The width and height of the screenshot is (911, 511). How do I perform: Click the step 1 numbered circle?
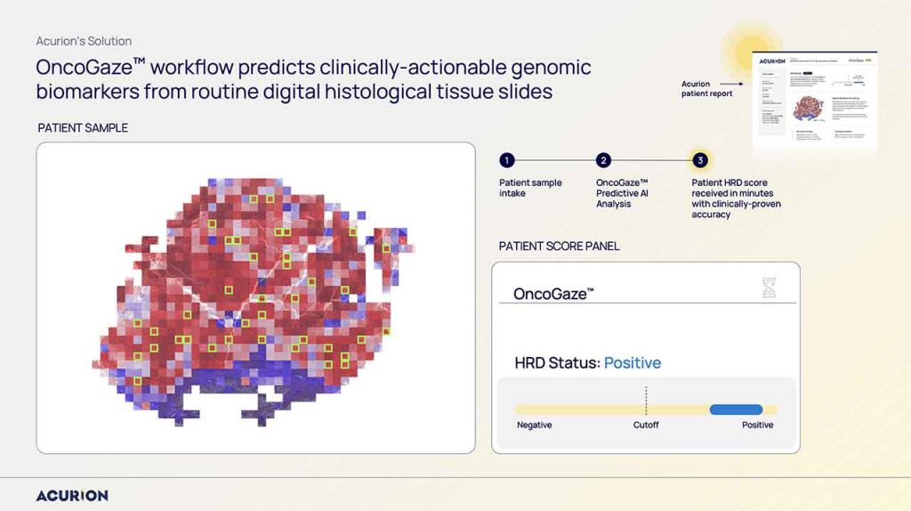click(x=506, y=160)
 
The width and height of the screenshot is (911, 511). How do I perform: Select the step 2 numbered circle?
click(x=603, y=160)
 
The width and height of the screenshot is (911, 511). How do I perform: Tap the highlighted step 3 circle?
click(x=700, y=160)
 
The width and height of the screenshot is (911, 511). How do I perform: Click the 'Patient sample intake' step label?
click(x=530, y=188)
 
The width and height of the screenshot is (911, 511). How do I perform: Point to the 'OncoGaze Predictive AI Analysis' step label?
click(x=622, y=193)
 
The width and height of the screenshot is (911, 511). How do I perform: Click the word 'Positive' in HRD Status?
click(x=633, y=363)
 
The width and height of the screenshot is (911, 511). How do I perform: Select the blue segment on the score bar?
click(x=736, y=410)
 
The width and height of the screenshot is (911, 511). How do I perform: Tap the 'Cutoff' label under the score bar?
click(x=646, y=426)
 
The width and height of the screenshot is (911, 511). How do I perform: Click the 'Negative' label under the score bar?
click(x=535, y=426)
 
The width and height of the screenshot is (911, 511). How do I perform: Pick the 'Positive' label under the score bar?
click(x=758, y=426)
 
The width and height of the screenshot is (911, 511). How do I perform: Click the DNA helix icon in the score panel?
click(x=769, y=288)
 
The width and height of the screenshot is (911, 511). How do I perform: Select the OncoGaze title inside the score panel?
click(x=553, y=294)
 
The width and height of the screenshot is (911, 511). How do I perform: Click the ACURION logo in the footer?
click(x=72, y=495)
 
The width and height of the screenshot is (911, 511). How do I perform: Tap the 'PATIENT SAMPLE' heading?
click(x=83, y=128)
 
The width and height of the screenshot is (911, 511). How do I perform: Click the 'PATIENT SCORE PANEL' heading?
click(x=559, y=246)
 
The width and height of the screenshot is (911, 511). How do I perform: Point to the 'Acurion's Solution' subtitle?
click(x=84, y=41)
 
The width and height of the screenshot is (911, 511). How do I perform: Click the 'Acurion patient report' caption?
click(x=707, y=89)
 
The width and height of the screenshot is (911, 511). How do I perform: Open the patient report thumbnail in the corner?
click(x=814, y=102)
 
